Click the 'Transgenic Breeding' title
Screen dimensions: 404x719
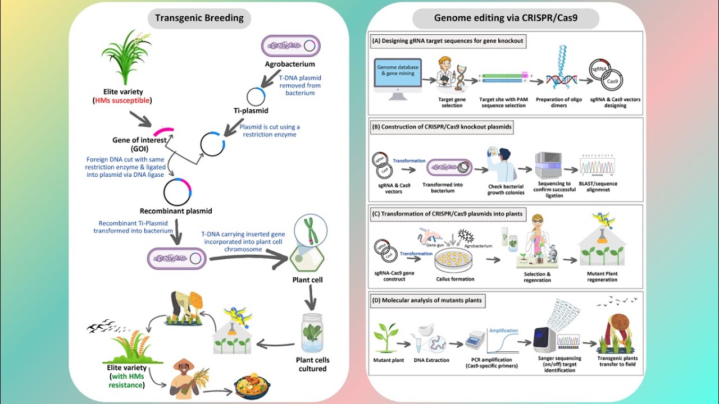tap(199, 17)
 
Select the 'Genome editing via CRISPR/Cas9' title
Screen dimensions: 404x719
tap(506, 18)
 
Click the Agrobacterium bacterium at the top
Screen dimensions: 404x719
tap(291, 46)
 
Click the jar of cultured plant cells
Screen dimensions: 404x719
tap(312, 333)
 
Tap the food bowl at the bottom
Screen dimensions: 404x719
tap(252, 387)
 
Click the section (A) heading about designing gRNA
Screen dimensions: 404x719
tap(447, 41)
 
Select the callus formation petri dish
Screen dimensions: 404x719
tap(455, 259)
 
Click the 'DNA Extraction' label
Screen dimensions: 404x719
tap(431, 360)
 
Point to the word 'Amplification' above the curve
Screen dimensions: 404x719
tap(503, 330)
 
